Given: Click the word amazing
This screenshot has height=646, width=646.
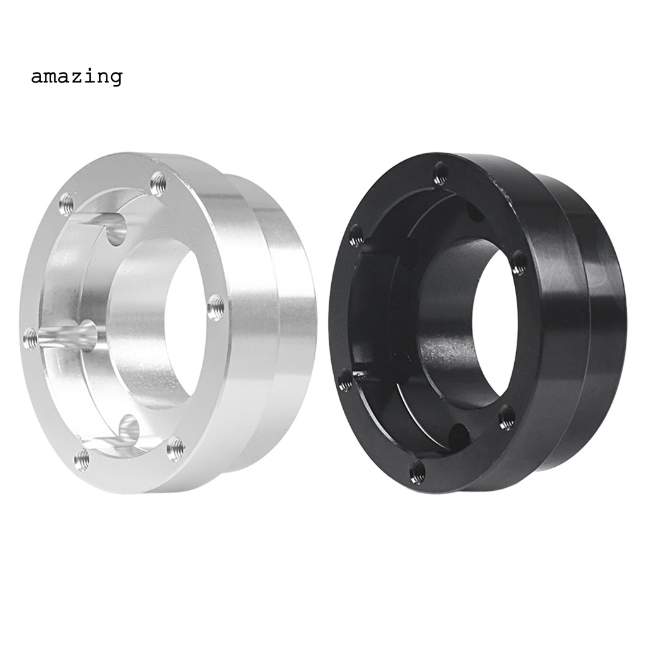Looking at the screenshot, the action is (x=76, y=76).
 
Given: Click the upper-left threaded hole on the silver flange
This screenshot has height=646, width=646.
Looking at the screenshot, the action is (x=66, y=204).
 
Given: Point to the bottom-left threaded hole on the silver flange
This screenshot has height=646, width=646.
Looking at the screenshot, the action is (x=83, y=458).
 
